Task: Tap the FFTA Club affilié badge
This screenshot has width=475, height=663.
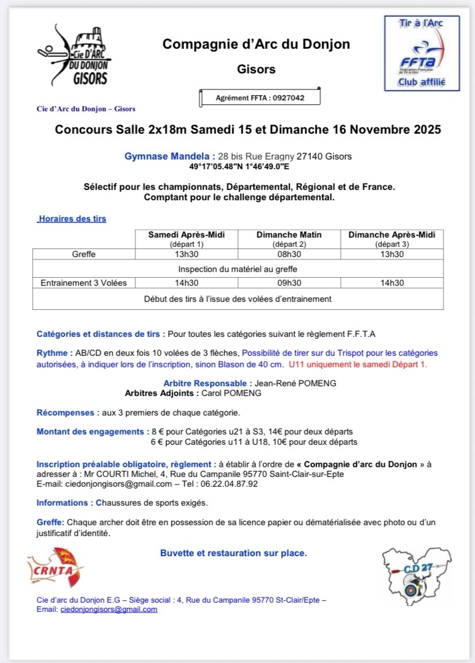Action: point(421,53)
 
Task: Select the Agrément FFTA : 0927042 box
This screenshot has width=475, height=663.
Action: point(260,98)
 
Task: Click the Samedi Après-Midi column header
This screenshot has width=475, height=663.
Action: point(186,238)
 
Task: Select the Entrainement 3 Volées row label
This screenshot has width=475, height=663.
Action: point(84,282)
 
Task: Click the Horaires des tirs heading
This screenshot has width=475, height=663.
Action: point(72,219)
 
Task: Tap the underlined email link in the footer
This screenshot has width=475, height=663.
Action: point(108,610)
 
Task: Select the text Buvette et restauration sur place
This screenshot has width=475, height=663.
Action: point(233,553)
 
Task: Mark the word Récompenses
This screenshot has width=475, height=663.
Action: point(65,412)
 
